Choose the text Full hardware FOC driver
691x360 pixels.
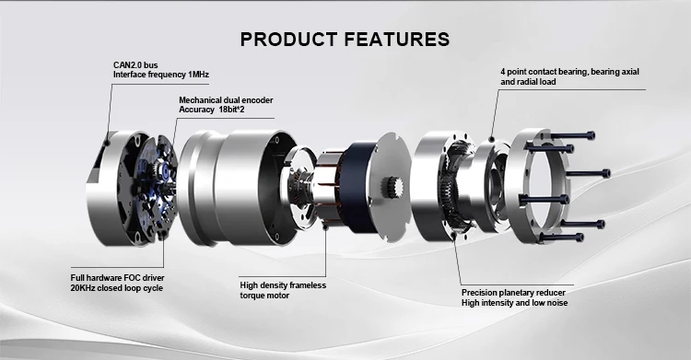point(117,277)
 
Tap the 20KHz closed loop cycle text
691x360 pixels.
point(117,287)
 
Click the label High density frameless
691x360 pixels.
point(283,285)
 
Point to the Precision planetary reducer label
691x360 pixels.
point(513,292)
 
